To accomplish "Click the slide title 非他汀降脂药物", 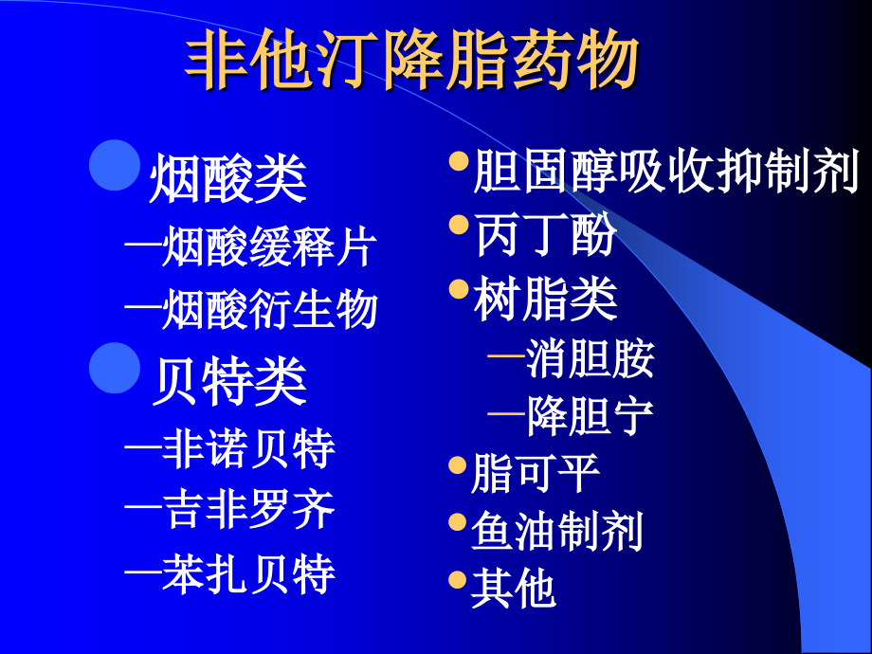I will [411, 64].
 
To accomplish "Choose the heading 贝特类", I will [228, 381].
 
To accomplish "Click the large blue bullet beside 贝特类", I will [115, 368].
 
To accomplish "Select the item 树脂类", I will [545, 299].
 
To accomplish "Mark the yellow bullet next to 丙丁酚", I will [459, 225].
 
